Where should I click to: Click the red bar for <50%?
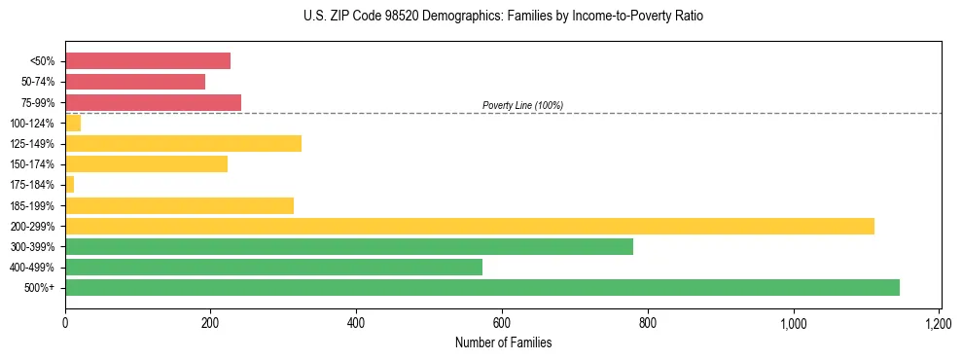(148, 61)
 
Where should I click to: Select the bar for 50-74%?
(135, 82)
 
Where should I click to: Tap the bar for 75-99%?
(153, 102)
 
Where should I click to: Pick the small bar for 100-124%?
(73, 123)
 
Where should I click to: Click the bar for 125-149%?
(183, 144)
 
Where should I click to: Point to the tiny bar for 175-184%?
(70, 185)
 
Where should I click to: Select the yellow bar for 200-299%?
(470, 226)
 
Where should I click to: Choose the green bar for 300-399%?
(349, 247)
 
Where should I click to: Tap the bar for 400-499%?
(273, 268)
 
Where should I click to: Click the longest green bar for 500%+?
(482, 288)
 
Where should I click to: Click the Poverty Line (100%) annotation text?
(522, 105)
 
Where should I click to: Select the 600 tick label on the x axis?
(502, 322)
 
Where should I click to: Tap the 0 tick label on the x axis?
(65, 322)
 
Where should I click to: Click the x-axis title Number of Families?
(503, 342)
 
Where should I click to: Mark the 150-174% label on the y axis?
(32, 164)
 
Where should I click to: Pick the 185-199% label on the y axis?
(32, 205)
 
